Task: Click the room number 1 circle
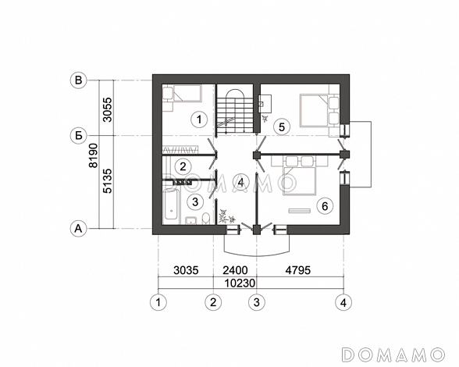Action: (199, 119)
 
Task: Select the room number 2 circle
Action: (183, 166)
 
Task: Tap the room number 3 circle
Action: (195, 201)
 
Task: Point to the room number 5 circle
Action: (281, 127)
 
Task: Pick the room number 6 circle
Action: (325, 206)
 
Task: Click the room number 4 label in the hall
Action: (240, 183)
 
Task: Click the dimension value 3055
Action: (108, 109)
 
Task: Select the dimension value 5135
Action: (108, 180)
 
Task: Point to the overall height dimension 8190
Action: (94, 155)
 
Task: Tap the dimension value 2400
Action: (236, 270)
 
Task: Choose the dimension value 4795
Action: (298, 270)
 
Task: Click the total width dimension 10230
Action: (240, 283)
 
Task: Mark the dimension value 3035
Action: (186, 270)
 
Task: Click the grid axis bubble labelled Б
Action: (78, 136)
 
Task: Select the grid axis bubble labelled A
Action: (78, 228)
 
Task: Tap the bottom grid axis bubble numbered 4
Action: (343, 302)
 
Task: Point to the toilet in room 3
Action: (206, 219)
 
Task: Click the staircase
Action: (235, 110)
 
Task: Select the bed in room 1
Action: (187, 94)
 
